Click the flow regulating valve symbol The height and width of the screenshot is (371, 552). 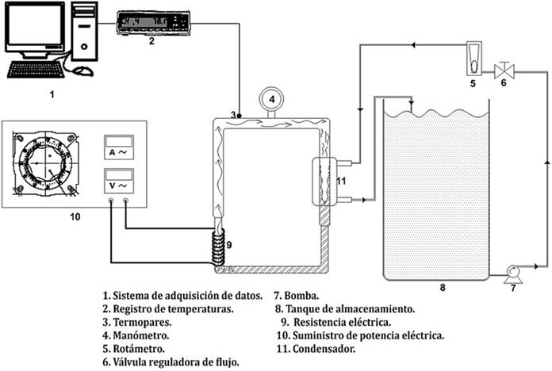point(501,69)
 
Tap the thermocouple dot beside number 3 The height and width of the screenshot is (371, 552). point(240,116)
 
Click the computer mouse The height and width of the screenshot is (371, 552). point(82,71)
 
